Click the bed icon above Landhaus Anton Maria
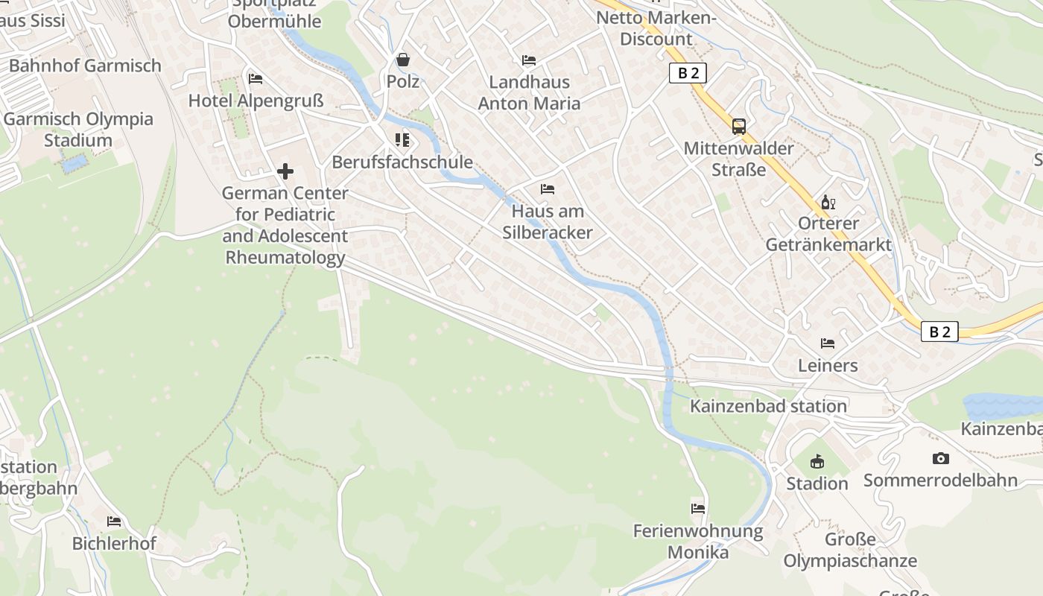[529, 60]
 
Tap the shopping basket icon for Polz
[403, 60]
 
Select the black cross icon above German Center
[285, 172]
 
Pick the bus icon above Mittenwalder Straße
[739, 127]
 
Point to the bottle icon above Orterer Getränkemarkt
[828, 202]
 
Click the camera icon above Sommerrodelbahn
[941, 459]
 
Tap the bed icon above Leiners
[828, 343]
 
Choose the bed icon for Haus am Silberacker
[548, 189]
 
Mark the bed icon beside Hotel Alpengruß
[256, 78]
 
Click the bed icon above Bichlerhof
[114, 521]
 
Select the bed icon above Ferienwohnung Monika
[698, 509]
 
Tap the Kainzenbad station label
[768, 406]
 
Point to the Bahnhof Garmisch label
[85, 66]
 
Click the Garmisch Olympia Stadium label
[78, 130]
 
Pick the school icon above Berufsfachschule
[403, 140]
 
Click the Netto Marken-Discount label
[656, 28]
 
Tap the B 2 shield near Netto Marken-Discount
[687, 73]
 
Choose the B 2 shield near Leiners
[939, 332]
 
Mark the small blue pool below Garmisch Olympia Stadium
[74, 164]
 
